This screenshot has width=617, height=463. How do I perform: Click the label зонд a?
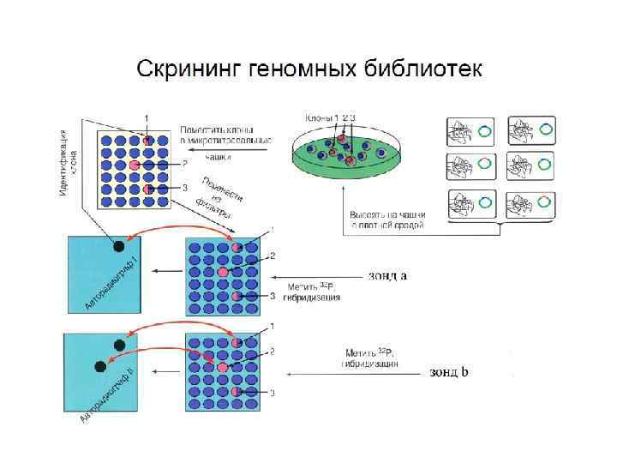coord(387,276)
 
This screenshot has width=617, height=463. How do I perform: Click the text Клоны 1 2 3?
coord(330,117)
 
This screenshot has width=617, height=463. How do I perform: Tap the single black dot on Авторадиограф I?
coord(117,247)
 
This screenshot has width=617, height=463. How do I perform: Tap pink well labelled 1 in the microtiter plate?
coord(147,140)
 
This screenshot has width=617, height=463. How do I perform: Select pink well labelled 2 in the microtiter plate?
coord(134,164)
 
